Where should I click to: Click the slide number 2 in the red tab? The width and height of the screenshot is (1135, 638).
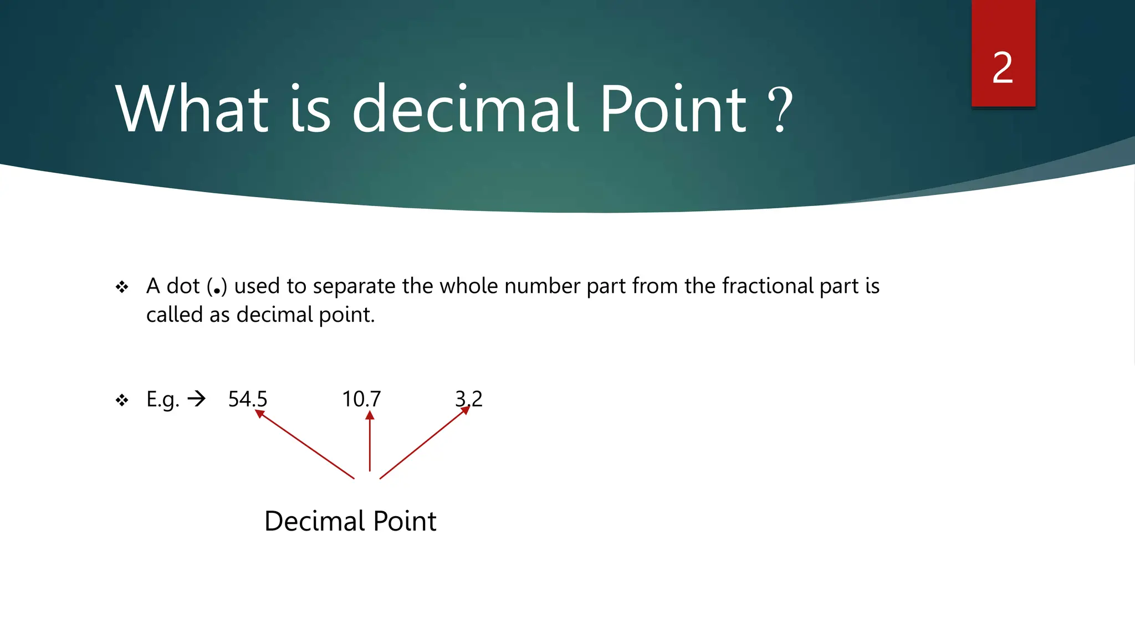pyautogui.click(x=1003, y=68)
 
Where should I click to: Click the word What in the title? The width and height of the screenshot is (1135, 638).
pyautogui.click(x=192, y=109)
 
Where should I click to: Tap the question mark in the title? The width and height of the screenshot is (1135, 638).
pyautogui.click(x=780, y=110)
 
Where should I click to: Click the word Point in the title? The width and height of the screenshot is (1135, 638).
pyautogui.click(x=674, y=109)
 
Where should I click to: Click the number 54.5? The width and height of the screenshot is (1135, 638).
pyautogui.click(x=248, y=399)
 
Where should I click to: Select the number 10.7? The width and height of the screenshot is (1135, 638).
pyautogui.click(x=361, y=399)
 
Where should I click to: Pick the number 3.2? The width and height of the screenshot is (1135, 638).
pyautogui.click(x=469, y=399)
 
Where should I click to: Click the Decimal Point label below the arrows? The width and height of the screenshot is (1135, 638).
pyautogui.click(x=350, y=521)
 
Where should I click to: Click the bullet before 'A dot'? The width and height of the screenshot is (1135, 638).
pyautogui.click(x=122, y=287)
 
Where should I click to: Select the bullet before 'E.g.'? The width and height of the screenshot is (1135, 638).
pyautogui.click(x=122, y=400)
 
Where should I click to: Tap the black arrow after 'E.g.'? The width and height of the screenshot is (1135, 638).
pyautogui.click(x=196, y=398)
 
